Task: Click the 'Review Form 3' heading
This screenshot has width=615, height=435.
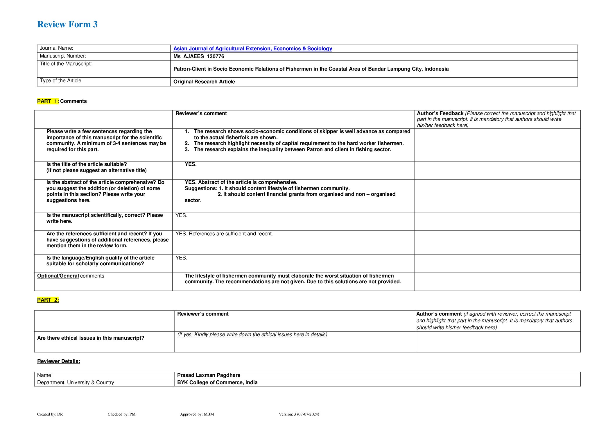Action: pos(67,24)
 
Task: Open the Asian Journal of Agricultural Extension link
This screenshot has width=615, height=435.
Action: pos(252,49)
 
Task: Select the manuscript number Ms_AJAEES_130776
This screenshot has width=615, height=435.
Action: pos(199,56)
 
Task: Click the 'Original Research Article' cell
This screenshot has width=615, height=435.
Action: pos(204,82)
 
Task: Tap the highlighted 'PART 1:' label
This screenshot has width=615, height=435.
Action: pos(48,101)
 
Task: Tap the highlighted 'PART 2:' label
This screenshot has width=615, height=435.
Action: pos(48,300)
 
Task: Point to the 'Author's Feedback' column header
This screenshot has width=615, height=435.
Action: pos(440,113)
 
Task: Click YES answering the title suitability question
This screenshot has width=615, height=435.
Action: pos(191,164)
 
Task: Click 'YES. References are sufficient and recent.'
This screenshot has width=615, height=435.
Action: pos(224,234)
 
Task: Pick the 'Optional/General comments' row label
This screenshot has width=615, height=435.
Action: pos(71,276)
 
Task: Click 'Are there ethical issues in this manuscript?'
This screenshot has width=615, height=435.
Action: pos(91,338)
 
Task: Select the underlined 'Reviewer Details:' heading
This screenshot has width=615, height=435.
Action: pos(59,361)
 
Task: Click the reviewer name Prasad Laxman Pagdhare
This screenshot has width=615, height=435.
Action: pos(209,375)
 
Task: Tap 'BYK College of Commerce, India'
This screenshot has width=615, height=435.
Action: pos(217,382)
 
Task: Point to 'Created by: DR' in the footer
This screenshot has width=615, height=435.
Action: pos(50,414)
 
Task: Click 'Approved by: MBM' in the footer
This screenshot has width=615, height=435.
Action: pos(197,414)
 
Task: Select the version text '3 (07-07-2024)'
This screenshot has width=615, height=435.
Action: pos(306,414)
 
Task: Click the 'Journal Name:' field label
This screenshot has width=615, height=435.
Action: pos(56,48)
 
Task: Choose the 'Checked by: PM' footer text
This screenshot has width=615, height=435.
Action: pos(121,414)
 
